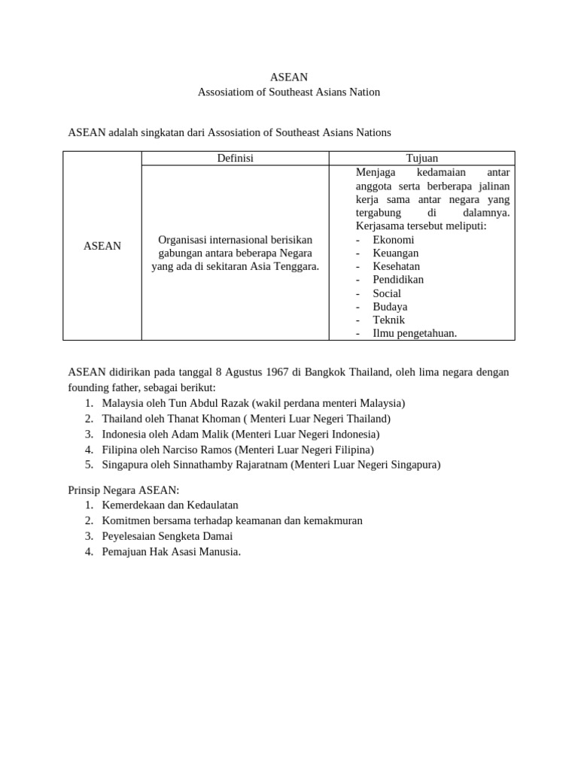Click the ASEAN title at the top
click(x=289, y=77)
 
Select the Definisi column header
click(x=235, y=158)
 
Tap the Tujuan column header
click(x=421, y=158)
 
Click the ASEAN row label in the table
click(x=102, y=246)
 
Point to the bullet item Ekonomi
click(x=393, y=239)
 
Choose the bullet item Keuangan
click(x=395, y=253)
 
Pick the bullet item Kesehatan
click(x=396, y=266)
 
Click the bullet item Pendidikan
click(x=398, y=280)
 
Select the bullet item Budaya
click(x=390, y=307)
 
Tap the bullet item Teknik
click(x=388, y=320)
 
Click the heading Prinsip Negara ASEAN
click(x=124, y=490)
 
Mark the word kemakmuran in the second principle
click(x=331, y=520)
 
